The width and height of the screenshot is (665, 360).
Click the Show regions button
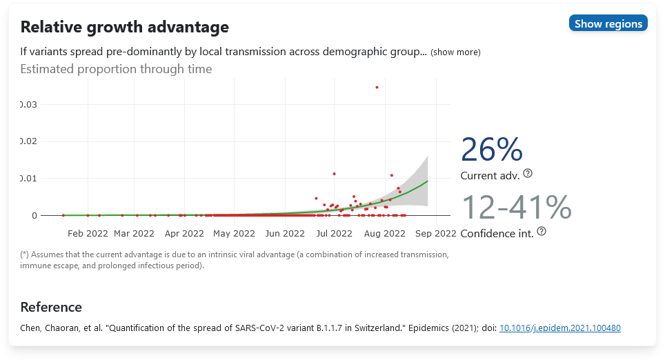[x=608, y=23]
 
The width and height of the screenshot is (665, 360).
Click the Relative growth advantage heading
[x=125, y=28]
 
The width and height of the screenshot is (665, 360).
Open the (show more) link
[x=455, y=52]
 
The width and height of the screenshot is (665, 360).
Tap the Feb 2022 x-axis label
[x=87, y=234]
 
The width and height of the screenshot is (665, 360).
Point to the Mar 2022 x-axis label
[x=134, y=234]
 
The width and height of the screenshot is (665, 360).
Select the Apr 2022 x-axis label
[x=184, y=234]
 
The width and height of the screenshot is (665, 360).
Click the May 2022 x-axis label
[x=235, y=234]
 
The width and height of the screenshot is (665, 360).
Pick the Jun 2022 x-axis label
[x=285, y=234]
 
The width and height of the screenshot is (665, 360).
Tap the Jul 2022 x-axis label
[x=334, y=234]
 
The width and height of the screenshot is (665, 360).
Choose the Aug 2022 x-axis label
[x=385, y=234]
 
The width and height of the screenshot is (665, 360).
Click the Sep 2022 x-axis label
[x=436, y=234]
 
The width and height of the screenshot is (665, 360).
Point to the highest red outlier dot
[x=377, y=88]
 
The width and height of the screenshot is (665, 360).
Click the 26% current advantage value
[x=492, y=150]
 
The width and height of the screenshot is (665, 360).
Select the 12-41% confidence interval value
[x=516, y=208]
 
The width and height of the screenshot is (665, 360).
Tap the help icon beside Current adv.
[x=528, y=173]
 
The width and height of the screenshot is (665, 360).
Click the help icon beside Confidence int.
[x=542, y=232]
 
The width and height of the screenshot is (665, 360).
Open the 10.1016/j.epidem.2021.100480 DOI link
[x=560, y=328]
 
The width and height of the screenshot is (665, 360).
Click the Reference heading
[x=51, y=307]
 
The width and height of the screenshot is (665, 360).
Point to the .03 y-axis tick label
[x=29, y=104]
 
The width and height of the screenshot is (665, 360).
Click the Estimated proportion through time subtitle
[x=116, y=69]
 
